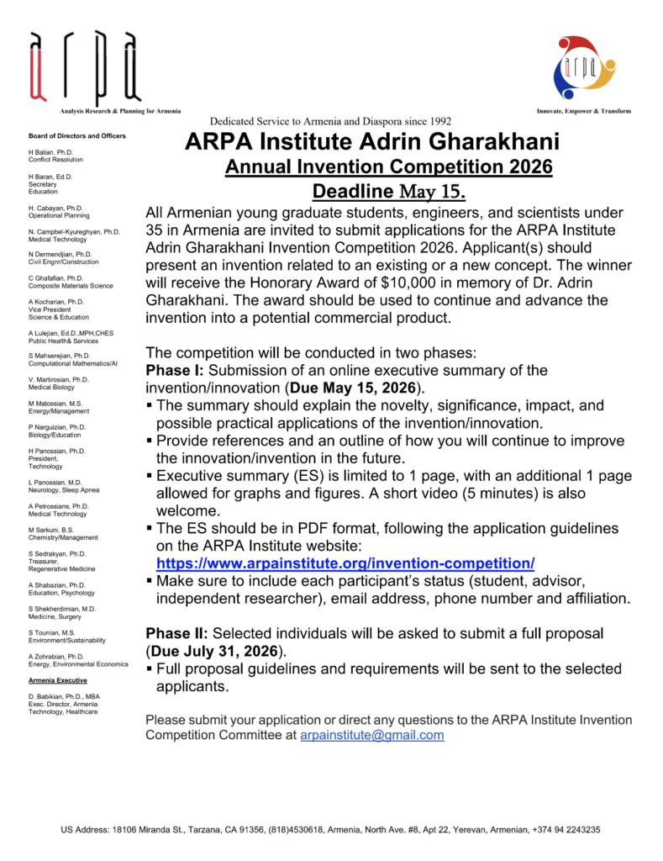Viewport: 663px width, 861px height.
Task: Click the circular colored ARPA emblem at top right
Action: pyautogui.click(x=580, y=68)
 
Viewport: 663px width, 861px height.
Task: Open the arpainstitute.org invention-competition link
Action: pyautogui.click(x=345, y=563)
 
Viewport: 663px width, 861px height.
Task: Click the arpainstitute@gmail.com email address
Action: pyautogui.click(x=371, y=735)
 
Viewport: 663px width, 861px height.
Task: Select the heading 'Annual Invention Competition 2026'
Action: pyautogui.click(x=388, y=167)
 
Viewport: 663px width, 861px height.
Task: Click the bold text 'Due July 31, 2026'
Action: pyautogui.click(x=217, y=651)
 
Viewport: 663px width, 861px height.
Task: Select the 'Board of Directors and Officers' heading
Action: pyautogui.click(x=77, y=135)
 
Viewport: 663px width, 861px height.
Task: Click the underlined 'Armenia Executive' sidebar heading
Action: pyautogui.click(x=58, y=679)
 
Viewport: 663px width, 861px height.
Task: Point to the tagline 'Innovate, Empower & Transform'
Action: pyautogui.click(x=583, y=111)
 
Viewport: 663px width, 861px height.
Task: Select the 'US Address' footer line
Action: pyautogui.click(x=330, y=830)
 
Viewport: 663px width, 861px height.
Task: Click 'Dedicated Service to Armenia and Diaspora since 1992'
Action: pyautogui.click(x=331, y=121)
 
